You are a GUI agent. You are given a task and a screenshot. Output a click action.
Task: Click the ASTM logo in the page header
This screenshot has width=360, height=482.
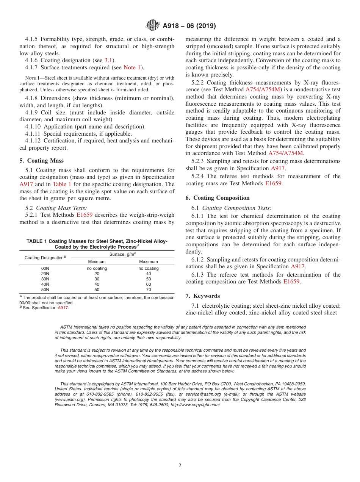153,26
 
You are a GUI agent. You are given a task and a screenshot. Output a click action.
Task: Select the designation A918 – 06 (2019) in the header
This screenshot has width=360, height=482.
189,26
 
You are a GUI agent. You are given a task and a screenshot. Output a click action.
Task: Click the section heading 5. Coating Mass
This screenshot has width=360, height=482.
42,161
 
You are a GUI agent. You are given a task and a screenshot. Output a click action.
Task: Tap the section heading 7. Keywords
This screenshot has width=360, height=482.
202,296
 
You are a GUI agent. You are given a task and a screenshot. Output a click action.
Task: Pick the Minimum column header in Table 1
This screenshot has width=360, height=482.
97,261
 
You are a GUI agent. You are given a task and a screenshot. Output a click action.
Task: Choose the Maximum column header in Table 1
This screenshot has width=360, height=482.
149,261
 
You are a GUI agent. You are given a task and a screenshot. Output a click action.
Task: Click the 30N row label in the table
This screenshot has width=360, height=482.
45,279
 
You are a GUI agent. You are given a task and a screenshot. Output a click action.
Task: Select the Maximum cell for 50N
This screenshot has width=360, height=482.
149,290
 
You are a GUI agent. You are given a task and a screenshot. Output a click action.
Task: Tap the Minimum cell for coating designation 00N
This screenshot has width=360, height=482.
97,268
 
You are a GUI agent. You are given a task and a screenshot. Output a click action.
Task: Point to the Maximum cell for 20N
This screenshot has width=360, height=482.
149,274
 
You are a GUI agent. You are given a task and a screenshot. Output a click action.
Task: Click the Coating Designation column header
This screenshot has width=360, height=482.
45,258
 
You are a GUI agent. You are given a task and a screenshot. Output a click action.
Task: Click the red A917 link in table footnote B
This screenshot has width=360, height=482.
63,308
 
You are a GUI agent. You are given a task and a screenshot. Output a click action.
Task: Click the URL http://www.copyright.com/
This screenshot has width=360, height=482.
195,405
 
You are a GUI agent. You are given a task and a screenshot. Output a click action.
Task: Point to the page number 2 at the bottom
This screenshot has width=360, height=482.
180,466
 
